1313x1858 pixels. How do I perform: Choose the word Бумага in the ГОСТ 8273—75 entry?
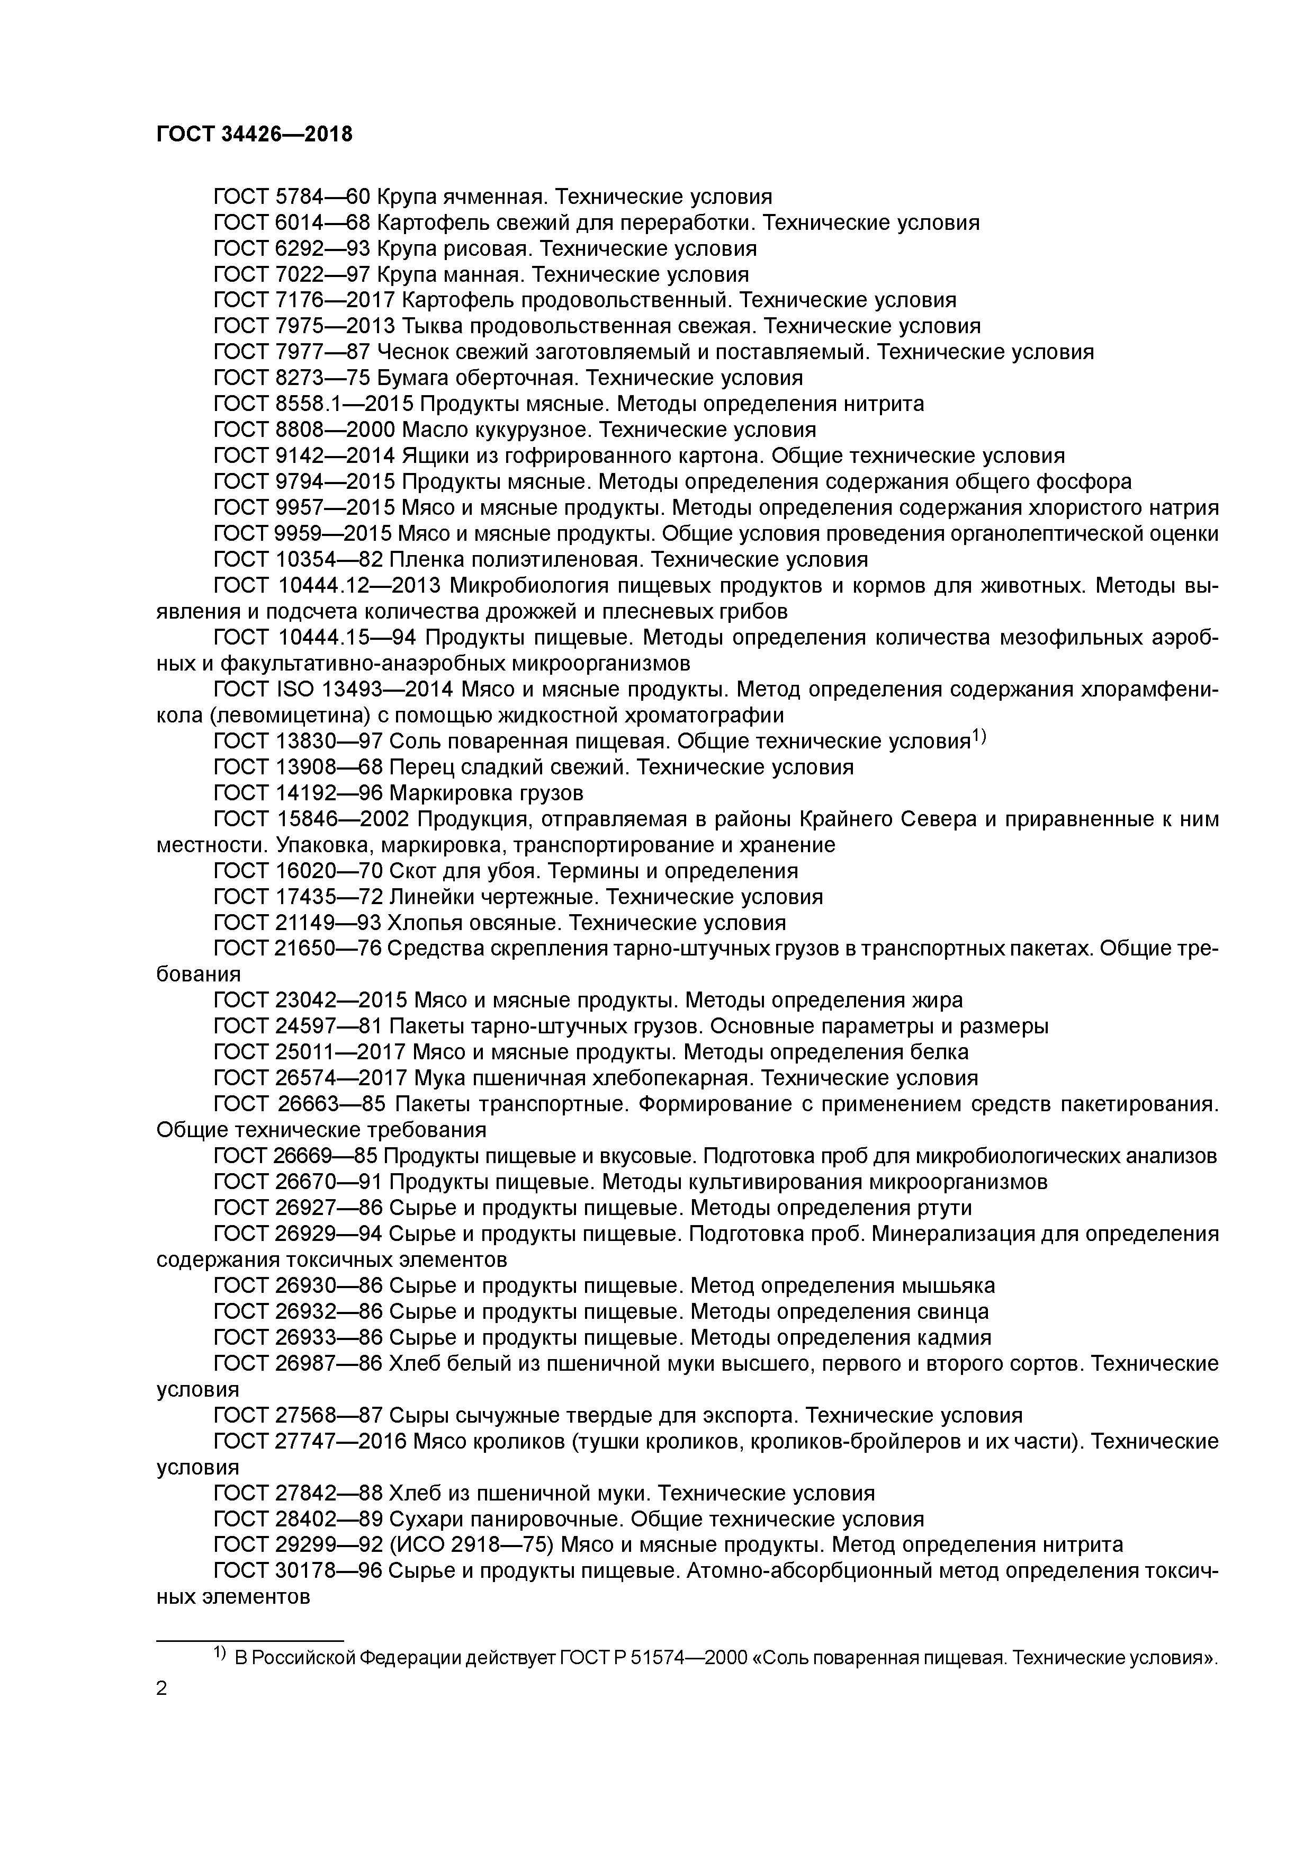pyautogui.click(x=425, y=378)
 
